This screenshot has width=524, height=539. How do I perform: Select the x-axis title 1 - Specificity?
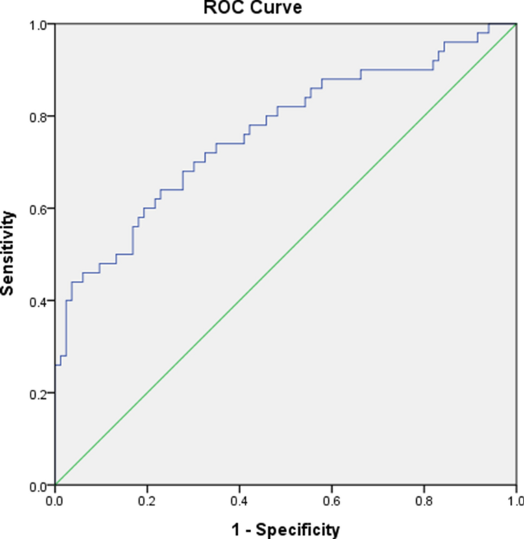285,528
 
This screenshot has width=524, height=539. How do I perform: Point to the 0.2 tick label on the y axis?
36,394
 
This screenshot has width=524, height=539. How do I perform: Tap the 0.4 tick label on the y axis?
36,301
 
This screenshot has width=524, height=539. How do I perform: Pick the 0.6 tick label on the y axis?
36,209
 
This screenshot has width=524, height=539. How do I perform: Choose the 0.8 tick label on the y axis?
36,116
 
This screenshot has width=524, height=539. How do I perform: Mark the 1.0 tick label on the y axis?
36,24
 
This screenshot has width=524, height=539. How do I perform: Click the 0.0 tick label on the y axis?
36,485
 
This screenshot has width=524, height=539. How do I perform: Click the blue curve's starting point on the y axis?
56,365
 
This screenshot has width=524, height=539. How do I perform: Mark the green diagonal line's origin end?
56,485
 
